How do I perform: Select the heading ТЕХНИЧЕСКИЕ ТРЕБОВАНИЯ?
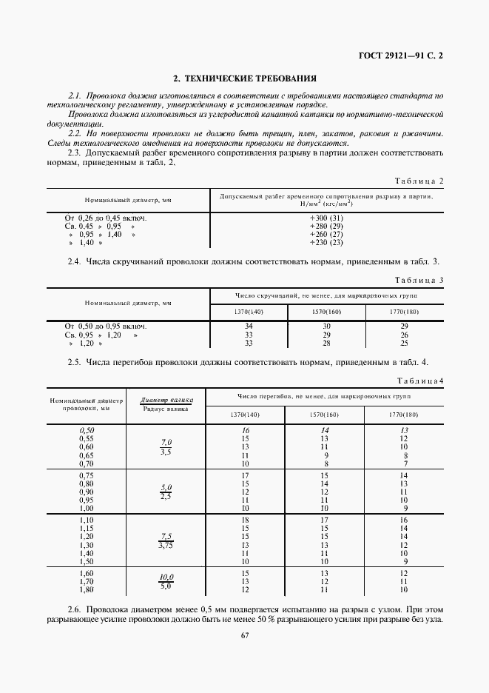245,78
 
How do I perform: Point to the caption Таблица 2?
419,181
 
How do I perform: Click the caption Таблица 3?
419,280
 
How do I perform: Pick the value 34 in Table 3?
249,326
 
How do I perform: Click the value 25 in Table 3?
403,343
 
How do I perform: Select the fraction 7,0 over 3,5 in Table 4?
166,446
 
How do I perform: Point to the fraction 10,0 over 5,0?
166,581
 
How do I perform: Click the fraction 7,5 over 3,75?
166,540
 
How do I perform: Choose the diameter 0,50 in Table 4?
87,430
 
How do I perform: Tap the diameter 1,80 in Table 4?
87,589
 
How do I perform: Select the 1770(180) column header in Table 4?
403,415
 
